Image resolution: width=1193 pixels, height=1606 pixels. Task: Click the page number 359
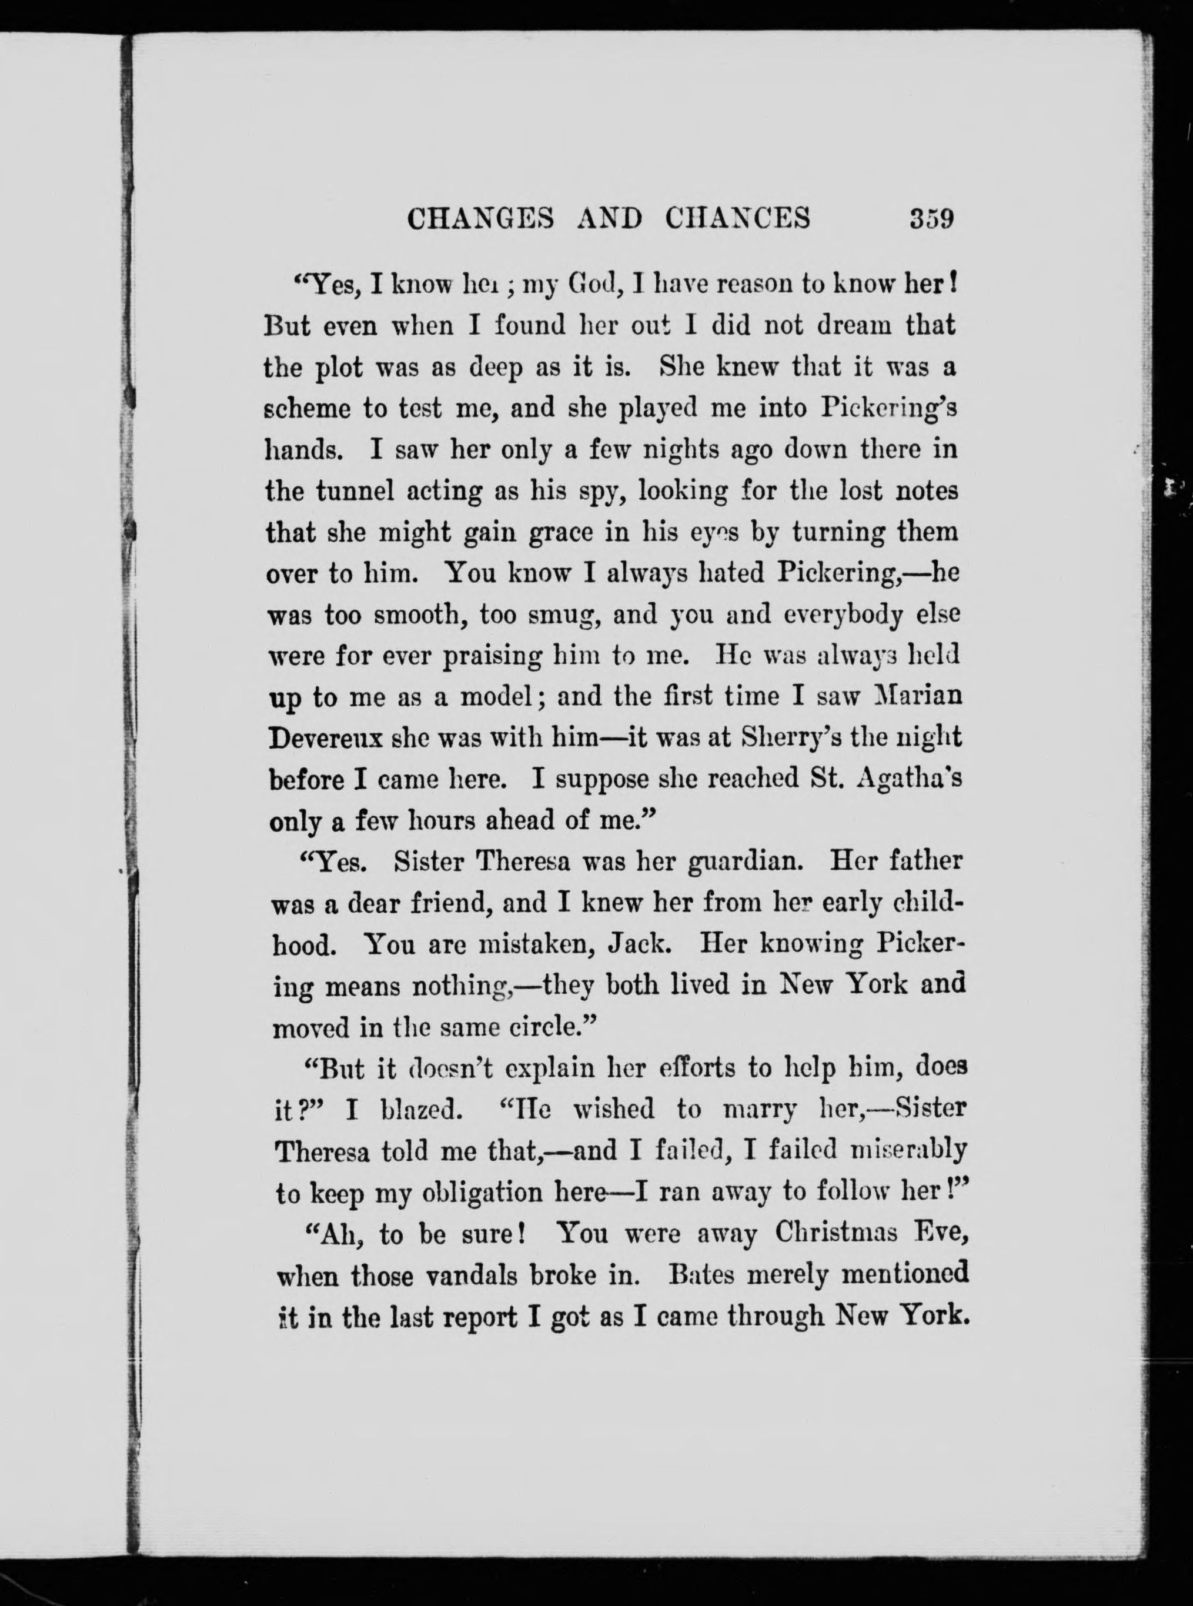click(x=933, y=218)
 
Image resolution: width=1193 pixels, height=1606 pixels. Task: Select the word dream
click(x=854, y=325)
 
